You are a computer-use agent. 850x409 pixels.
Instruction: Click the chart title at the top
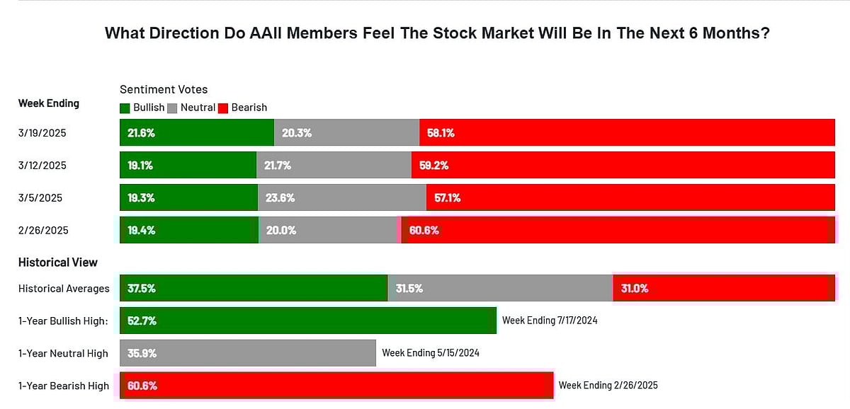(437, 33)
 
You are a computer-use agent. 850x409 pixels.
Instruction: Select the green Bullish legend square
(125, 108)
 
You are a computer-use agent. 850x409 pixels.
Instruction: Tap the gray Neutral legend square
(172, 108)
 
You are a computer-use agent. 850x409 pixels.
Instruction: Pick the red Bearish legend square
(222, 108)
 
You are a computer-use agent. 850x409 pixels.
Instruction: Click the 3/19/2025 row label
(42, 132)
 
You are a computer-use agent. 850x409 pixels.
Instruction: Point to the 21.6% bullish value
(141, 133)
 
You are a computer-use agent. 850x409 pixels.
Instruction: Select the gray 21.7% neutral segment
(333, 165)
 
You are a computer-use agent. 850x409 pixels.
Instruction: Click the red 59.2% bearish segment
(623, 165)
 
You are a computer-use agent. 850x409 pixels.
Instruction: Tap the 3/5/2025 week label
(40, 197)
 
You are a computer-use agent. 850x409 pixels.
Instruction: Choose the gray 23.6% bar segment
(341, 197)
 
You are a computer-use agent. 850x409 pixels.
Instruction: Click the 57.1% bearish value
(447, 198)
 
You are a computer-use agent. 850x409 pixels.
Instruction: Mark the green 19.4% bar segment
(189, 230)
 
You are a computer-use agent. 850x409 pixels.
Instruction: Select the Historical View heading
(58, 263)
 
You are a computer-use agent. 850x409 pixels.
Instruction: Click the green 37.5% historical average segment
(254, 288)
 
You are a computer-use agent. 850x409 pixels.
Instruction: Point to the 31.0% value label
(634, 289)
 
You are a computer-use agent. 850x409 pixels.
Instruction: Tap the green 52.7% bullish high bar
(307, 321)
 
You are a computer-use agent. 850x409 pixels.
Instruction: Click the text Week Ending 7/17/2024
(550, 321)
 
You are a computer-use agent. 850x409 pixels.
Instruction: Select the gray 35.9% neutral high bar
(248, 353)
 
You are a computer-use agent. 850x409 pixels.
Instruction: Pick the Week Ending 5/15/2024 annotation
(430, 352)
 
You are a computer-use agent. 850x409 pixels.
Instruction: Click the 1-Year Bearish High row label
(64, 386)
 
